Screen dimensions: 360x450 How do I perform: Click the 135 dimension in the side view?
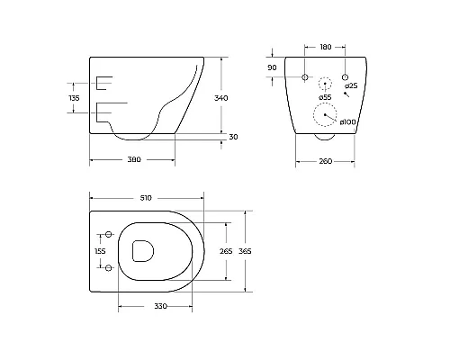click(x=76, y=96)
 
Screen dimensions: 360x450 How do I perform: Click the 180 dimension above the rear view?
click(x=326, y=47)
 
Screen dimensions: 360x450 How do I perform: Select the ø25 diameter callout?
click(x=352, y=85)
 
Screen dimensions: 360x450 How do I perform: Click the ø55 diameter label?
click(x=325, y=97)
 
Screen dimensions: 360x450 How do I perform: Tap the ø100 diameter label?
click(x=349, y=121)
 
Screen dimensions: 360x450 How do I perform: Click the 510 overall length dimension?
click(x=147, y=197)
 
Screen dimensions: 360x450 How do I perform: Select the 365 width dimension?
click(x=244, y=251)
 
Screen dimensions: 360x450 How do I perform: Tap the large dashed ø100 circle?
click(x=325, y=116)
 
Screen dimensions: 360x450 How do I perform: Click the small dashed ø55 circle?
click(x=325, y=83)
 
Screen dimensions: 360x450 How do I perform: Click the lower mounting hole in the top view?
click(x=110, y=269)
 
